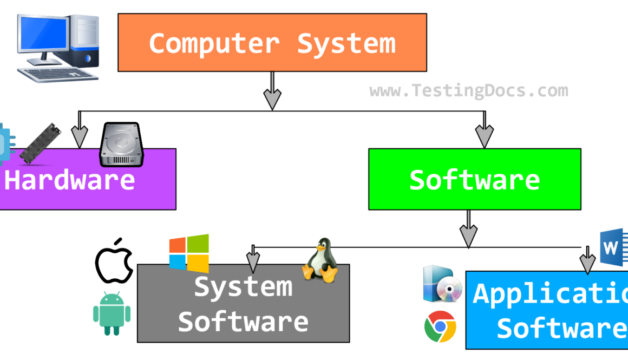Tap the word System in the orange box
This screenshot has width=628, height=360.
coord(346,43)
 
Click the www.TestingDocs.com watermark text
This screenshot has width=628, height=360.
coord(469,90)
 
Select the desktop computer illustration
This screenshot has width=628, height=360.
coord(58,48)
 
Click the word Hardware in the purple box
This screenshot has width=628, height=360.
coord(70,180)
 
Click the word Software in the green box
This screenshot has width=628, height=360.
coord(474,180)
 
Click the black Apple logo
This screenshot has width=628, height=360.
coord(114,260)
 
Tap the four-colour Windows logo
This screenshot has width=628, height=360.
coord(189,253)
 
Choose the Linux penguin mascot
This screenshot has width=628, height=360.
coord(320,260)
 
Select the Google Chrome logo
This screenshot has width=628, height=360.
coord(440,327)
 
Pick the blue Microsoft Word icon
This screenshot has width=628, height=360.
coord(614,248)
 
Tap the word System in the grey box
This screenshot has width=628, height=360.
coord(243,286)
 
